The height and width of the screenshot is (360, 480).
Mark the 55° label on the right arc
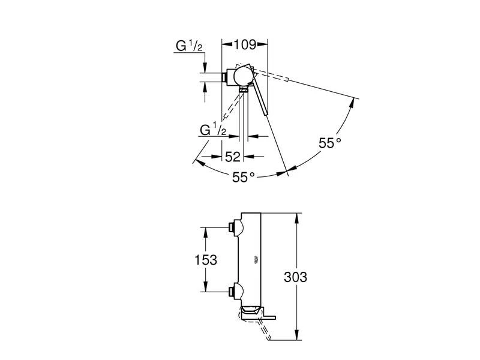point(329,143)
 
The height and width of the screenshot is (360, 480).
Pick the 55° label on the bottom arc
point(243,176)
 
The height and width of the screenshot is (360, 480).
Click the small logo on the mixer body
point(255,259)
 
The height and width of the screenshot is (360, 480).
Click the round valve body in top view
point(242,76)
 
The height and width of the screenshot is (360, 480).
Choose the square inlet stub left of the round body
point(226,77)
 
